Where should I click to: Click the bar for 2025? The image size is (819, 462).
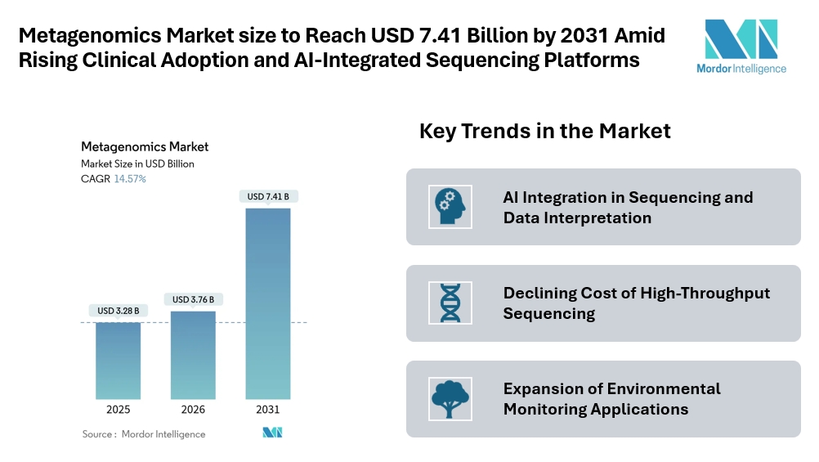[118, 360]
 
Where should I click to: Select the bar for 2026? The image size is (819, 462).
[193, 355]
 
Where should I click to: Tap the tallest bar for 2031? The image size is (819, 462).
[268, 303]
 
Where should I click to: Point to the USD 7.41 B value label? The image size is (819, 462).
[268, 196]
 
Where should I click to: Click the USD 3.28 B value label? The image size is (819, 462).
[118, 311]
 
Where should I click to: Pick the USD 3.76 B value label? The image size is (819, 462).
[193, 299]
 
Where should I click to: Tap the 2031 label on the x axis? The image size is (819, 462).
[268, 410]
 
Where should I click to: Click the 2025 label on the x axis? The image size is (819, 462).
[118, 410]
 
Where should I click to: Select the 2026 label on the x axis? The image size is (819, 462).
[193, 410]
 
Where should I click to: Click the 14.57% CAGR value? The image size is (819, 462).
[130, 178]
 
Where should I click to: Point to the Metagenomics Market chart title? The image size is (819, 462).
[145, 147]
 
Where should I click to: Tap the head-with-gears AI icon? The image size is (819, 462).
[447, 207]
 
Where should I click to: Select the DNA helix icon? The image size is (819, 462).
[449, 303]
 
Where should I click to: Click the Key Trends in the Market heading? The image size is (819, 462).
[544, 131]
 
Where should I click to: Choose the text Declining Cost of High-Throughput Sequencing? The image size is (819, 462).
[636, 303]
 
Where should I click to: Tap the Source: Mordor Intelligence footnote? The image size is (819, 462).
[144, 434]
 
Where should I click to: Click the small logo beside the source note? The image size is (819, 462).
[272, 433]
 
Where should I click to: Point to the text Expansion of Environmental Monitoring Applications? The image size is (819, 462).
[611, 399]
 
